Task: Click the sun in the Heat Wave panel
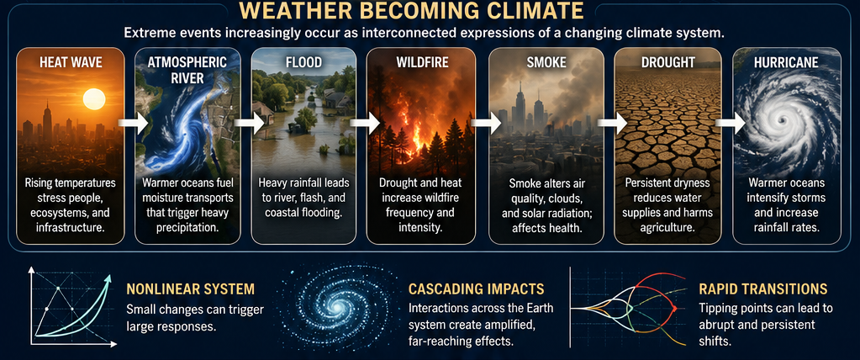pyautogui.click(x=94, y=99)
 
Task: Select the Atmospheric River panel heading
pyautogui.click(x=187, y=69)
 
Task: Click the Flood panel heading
pyautogui.click(x=303, y=62)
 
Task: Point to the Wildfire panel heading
pyautogui.click(x=422, y=62)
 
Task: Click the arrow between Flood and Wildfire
pyautogui.click(x=366, y=122)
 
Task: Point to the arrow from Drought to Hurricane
pyautogui.click(x=731, y=122)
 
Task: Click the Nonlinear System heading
pyautogui.click(x=190, y=289)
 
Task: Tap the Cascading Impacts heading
pyautogui.click(x=476, y=289)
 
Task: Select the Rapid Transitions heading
pyautogui.click(x=763, y=289)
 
